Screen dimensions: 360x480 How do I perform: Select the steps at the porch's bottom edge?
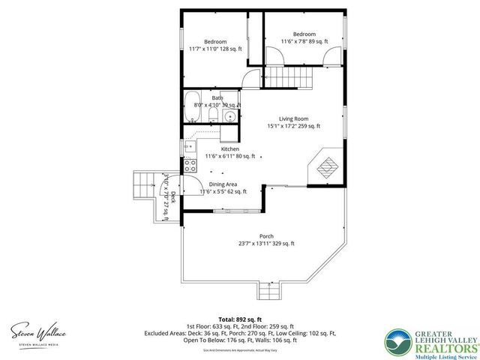267,290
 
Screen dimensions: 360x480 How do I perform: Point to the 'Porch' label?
266,235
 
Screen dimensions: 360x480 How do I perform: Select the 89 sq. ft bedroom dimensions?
304,42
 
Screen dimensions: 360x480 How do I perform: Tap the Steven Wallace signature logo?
37,330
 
